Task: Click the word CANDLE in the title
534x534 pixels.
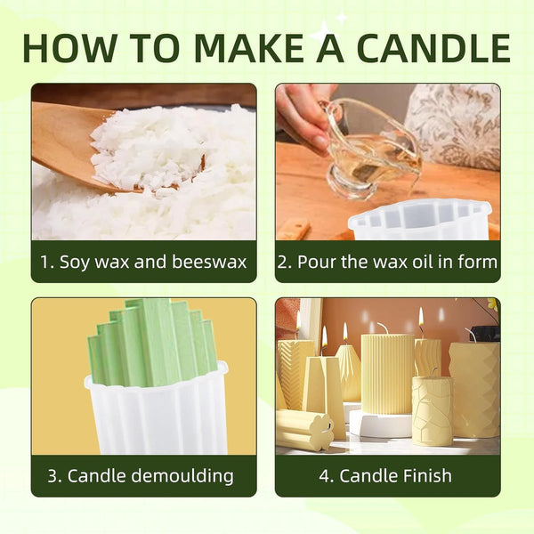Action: click(x=434, y=48)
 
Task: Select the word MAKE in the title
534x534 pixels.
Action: click(x=249, y=48)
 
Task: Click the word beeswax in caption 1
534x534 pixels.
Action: click(x=209, y=262)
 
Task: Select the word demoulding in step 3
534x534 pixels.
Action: click(x=182, y=476)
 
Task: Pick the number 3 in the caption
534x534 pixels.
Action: click(x=53, y=476)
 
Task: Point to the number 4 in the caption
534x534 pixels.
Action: click(x=324, y=476)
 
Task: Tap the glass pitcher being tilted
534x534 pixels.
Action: click(x=371, y=150)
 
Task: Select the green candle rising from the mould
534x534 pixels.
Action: click(x=153, y=344)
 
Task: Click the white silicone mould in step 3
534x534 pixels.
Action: click(x=157, y=412)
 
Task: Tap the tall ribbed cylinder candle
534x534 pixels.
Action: click(x=387, y=375)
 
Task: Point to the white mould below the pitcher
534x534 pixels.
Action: click(x=421, y=221)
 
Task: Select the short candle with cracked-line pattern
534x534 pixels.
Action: click(x=433, y=411)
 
